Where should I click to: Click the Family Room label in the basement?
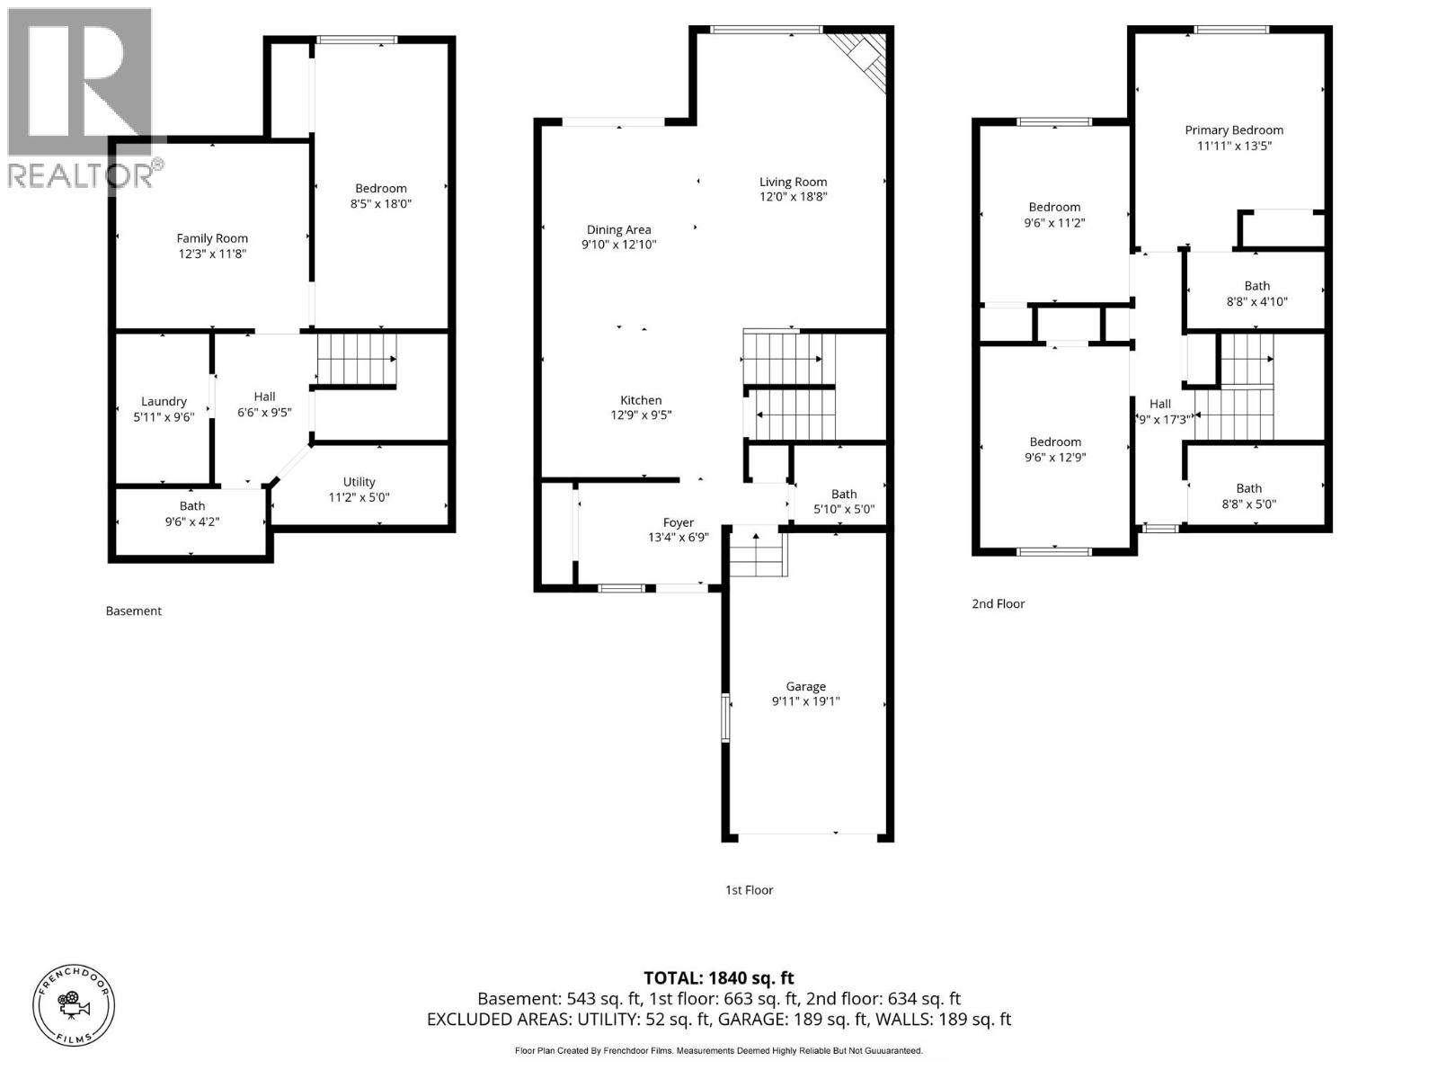212,238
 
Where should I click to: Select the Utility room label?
359,482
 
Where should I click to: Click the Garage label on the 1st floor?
805,686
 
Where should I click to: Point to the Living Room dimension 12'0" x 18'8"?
793,196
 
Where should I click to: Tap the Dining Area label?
618,229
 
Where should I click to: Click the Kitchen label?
641,400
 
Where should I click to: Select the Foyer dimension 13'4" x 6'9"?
679,538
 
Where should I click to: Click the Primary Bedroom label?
1233,129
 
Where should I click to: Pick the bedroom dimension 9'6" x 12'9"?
1055,457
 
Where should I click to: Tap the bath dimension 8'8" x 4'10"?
1256,301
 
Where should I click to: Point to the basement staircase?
356,359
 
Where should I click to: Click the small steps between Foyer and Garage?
758,554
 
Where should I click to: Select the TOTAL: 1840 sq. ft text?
718,978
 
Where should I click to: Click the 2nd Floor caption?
998,603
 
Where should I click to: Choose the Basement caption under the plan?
134,611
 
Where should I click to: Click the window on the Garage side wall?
725,717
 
